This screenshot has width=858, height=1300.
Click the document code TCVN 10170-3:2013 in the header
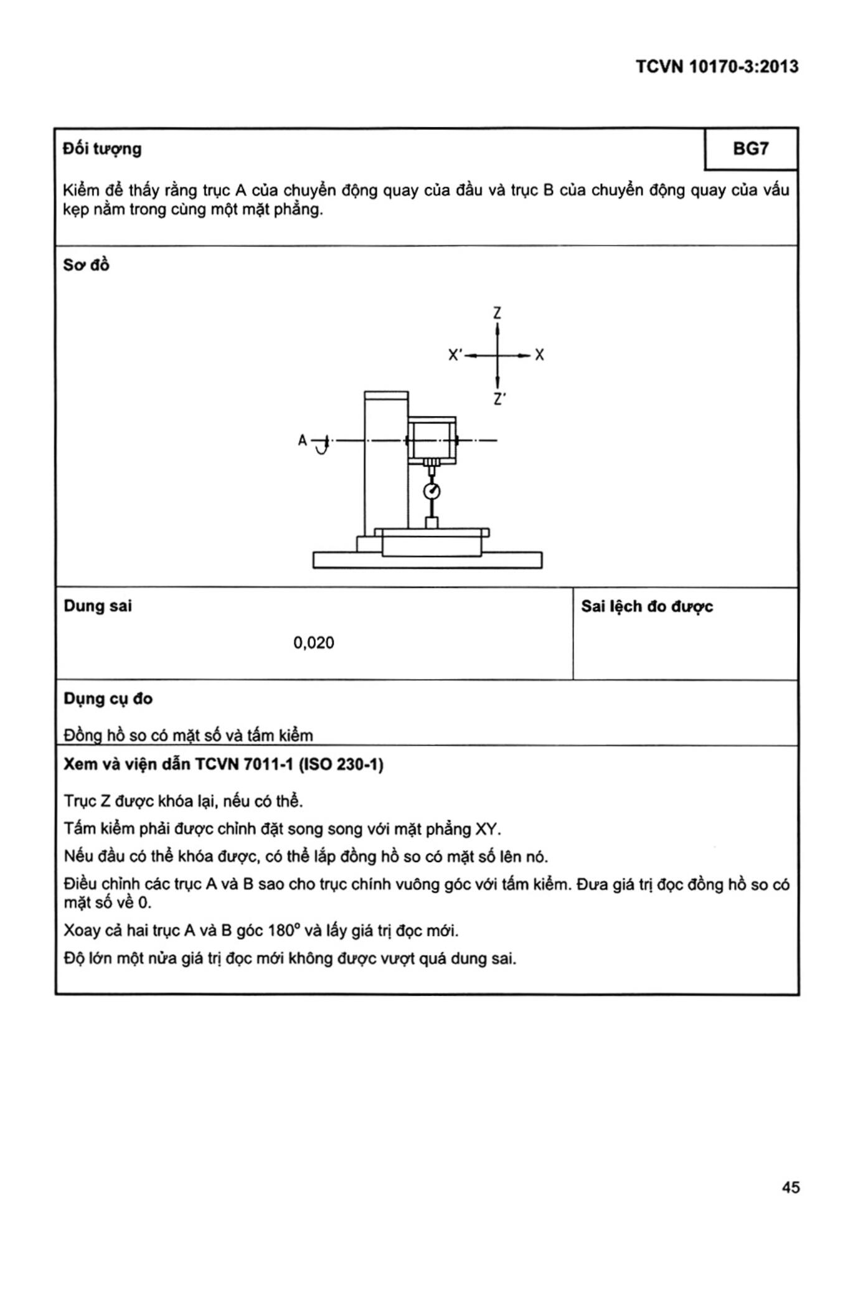point(717,67)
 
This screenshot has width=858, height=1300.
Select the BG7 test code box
point(750,149)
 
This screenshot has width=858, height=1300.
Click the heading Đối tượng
point(102,149)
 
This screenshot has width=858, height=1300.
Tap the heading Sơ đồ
point(86,265)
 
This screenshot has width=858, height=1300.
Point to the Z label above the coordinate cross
point(497,313)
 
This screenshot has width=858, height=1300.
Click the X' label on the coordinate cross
point(455,355)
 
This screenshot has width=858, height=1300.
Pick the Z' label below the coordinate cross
point(499,399)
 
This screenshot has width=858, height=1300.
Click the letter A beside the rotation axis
point(303,440)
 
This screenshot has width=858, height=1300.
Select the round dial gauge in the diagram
point(431,491)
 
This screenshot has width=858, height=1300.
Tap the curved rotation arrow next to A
point(321,447)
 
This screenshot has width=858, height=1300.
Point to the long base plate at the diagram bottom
point(427,560)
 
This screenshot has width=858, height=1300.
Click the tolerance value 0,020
point(314,643)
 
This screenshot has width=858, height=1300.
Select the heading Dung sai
point(98,606)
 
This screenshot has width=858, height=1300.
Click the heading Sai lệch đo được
point(647,607)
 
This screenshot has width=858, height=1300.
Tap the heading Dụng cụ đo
point(108,699)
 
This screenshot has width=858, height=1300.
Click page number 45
point(790,1187)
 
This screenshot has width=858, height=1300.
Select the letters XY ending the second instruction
point(487,829)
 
